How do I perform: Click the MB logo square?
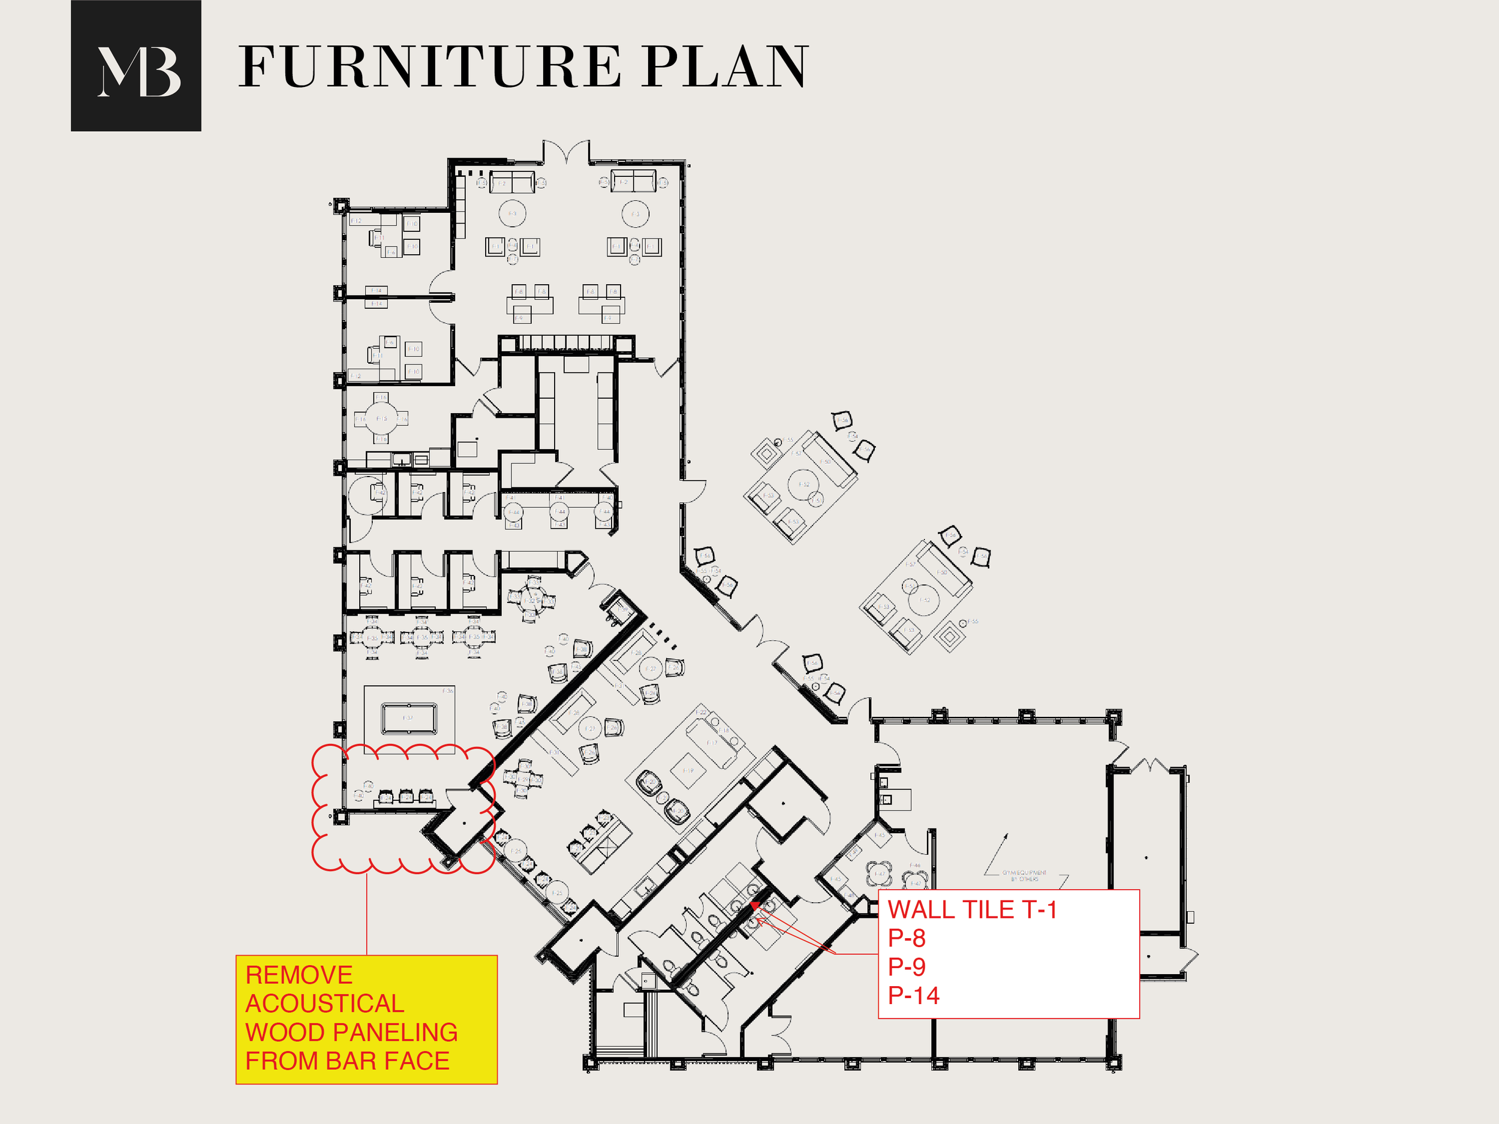tap(136, 66)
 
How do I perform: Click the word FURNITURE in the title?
tap(429, 67)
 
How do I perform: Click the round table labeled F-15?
tap(381, 418)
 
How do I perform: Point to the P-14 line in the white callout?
tap(914, 995)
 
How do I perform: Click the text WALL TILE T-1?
tap(972, 909)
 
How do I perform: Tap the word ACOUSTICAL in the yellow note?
tap(324, 1004)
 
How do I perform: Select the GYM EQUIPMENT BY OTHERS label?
tap(1024, 875)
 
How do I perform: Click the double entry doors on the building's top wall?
tap(566, 152)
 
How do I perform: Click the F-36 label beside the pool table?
tap(448, 691)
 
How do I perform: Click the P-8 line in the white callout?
tap(906, 938)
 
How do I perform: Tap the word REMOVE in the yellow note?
tap(299, 975)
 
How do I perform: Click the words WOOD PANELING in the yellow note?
tap(351, 1032)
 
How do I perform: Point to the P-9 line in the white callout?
tap(906, 967)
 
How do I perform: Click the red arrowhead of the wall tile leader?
tap(754, 905)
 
